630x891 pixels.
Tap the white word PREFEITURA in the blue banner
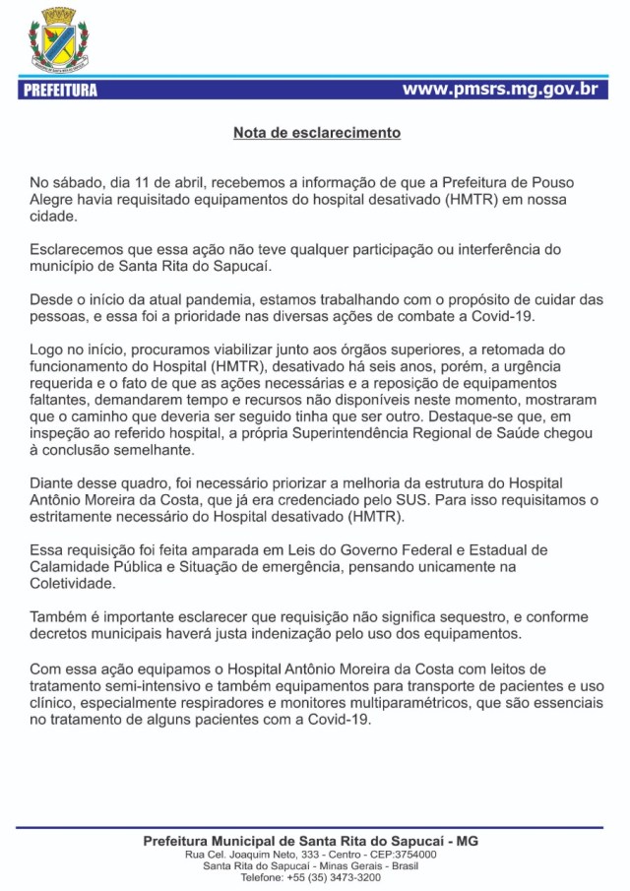tap(59, 91)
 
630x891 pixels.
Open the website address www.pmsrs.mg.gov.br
tap(500, 90)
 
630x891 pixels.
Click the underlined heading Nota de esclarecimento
tap(316, 132)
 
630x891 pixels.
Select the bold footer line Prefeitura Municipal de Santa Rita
tap(310, 842)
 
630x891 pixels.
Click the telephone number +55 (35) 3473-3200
tap(334, 877)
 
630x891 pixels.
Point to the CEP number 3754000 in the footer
tap(413, 855)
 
